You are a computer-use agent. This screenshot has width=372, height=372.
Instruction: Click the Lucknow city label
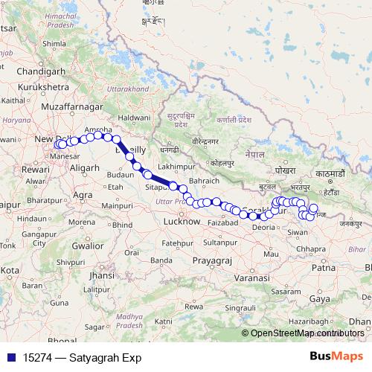pyautogui.click(x=182, y=222)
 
